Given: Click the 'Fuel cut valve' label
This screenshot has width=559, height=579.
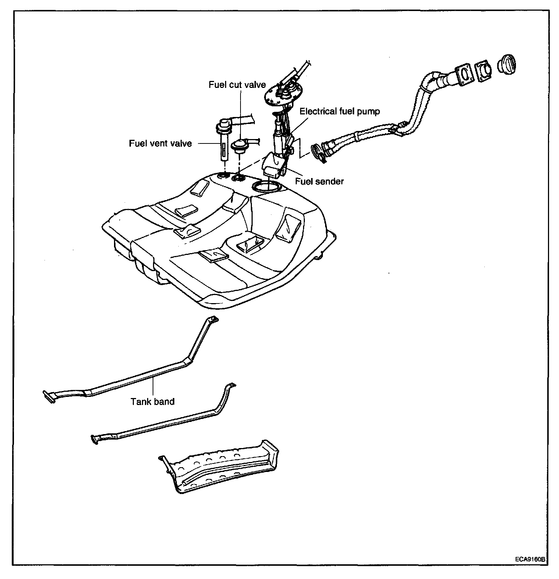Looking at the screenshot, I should coord(237,85).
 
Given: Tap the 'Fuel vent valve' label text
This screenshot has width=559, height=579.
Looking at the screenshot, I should coord(160,143).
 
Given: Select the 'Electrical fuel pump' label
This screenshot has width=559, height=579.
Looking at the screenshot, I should coord(339,111).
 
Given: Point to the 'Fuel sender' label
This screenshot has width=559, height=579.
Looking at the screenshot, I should coord(319,181).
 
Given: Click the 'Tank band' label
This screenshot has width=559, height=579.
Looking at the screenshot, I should coord(153,401).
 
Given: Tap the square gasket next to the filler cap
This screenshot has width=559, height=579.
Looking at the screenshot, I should coord(484,70).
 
